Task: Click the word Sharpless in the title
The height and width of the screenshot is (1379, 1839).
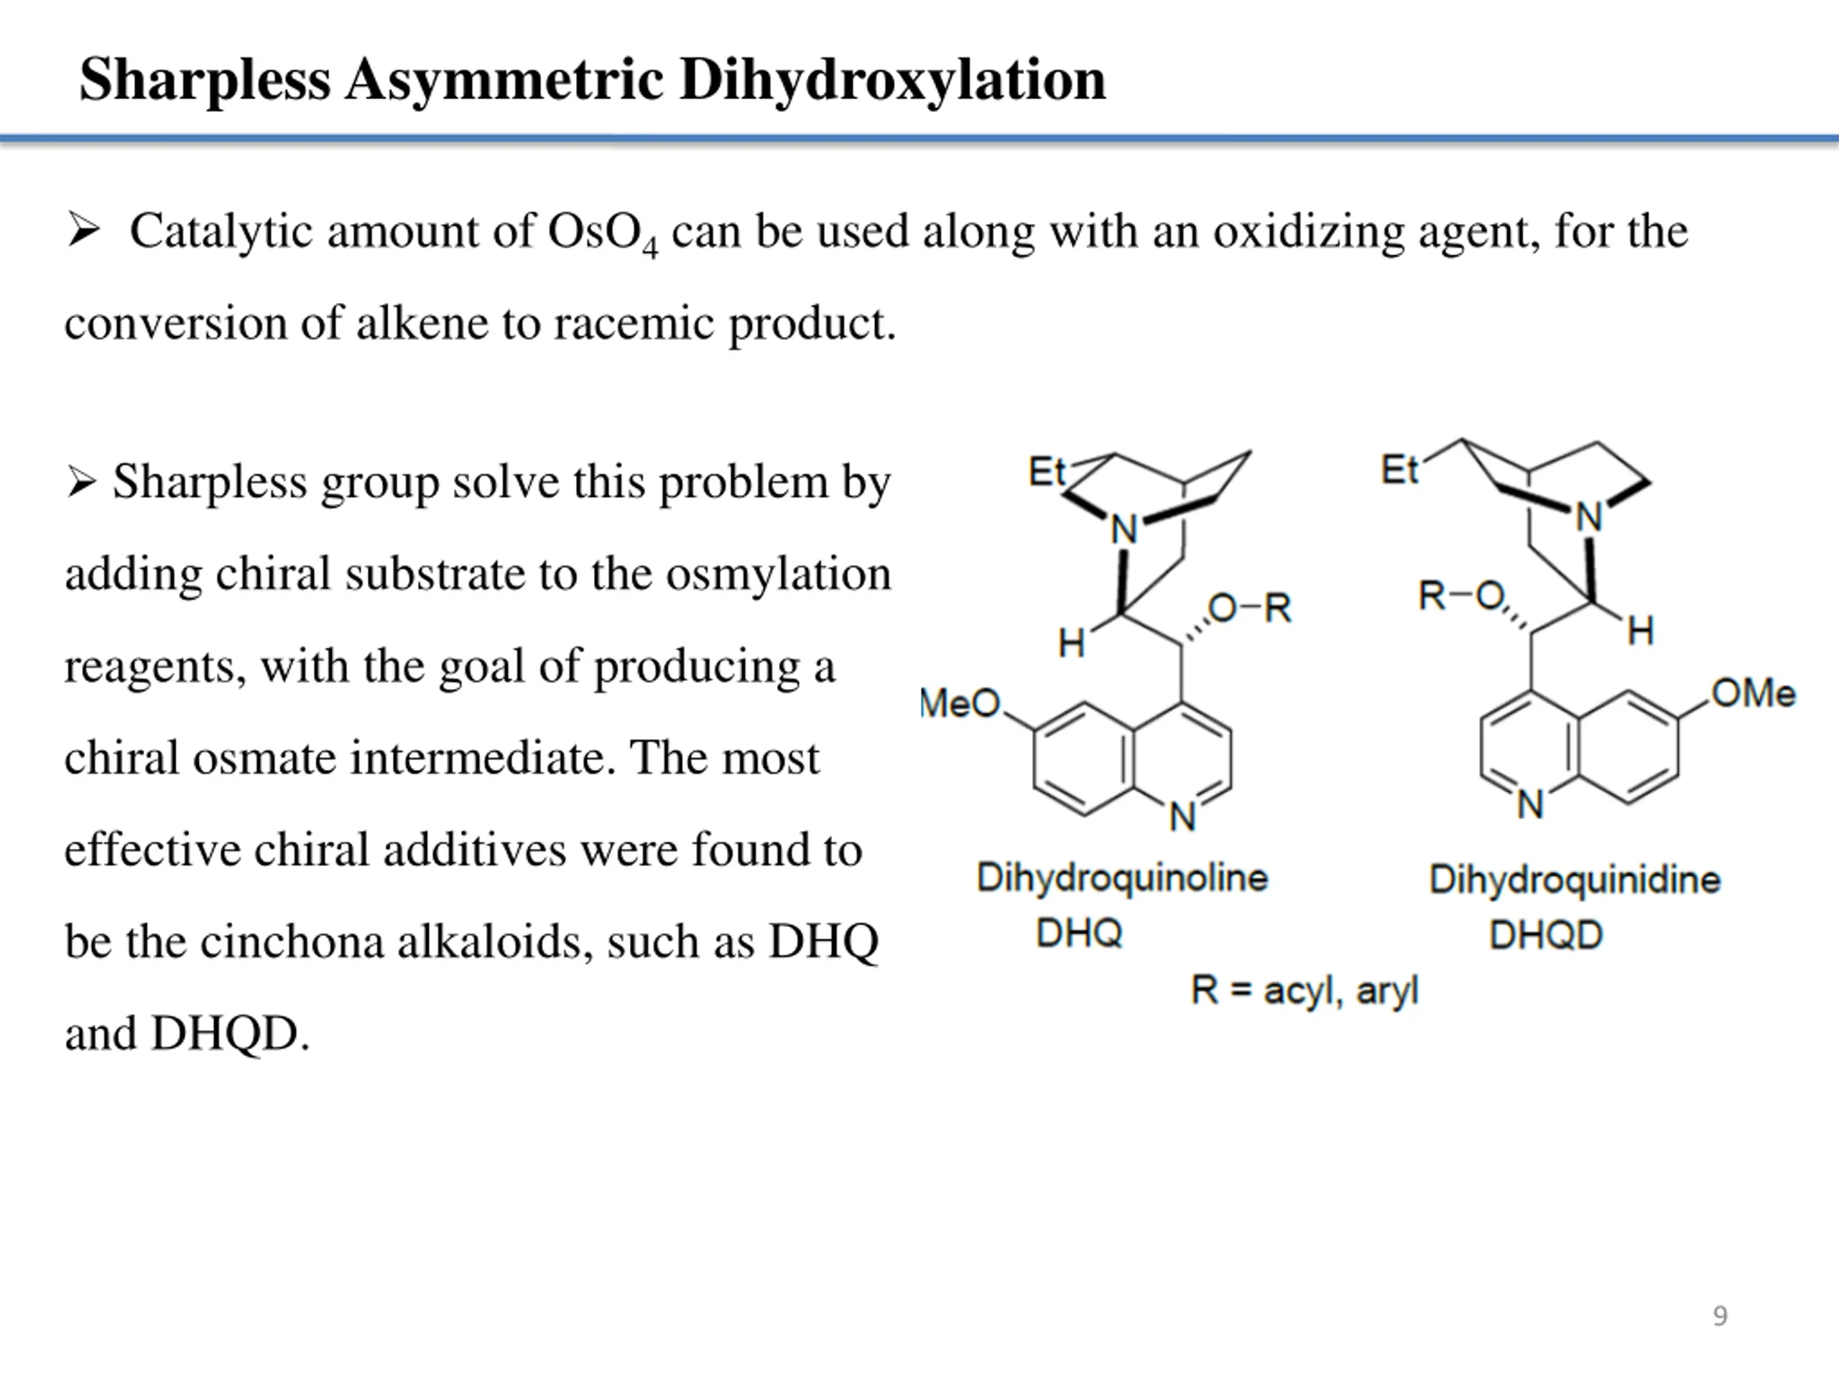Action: pos(205,80)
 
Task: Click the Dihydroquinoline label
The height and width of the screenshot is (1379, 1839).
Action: pos(1121,878)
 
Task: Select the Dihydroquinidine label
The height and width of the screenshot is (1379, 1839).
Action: pos(1574,879)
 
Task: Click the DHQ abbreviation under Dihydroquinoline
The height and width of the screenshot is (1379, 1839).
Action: pos(1079,934)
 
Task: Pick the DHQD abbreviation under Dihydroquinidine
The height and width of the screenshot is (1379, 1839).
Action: pos(1545,935)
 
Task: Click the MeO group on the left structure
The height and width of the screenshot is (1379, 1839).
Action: pos(961,704)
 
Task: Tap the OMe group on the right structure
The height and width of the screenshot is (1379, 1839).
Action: pos(1754,693)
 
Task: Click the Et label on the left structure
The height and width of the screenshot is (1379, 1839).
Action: pos(1046,472)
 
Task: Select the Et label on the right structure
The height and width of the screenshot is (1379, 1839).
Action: pos(1399,470)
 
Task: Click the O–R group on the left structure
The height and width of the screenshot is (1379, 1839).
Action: pos(1249,608)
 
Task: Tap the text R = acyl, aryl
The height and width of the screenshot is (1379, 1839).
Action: pos(1304,990)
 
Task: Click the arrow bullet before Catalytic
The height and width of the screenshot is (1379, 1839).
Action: pos(84,231)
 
